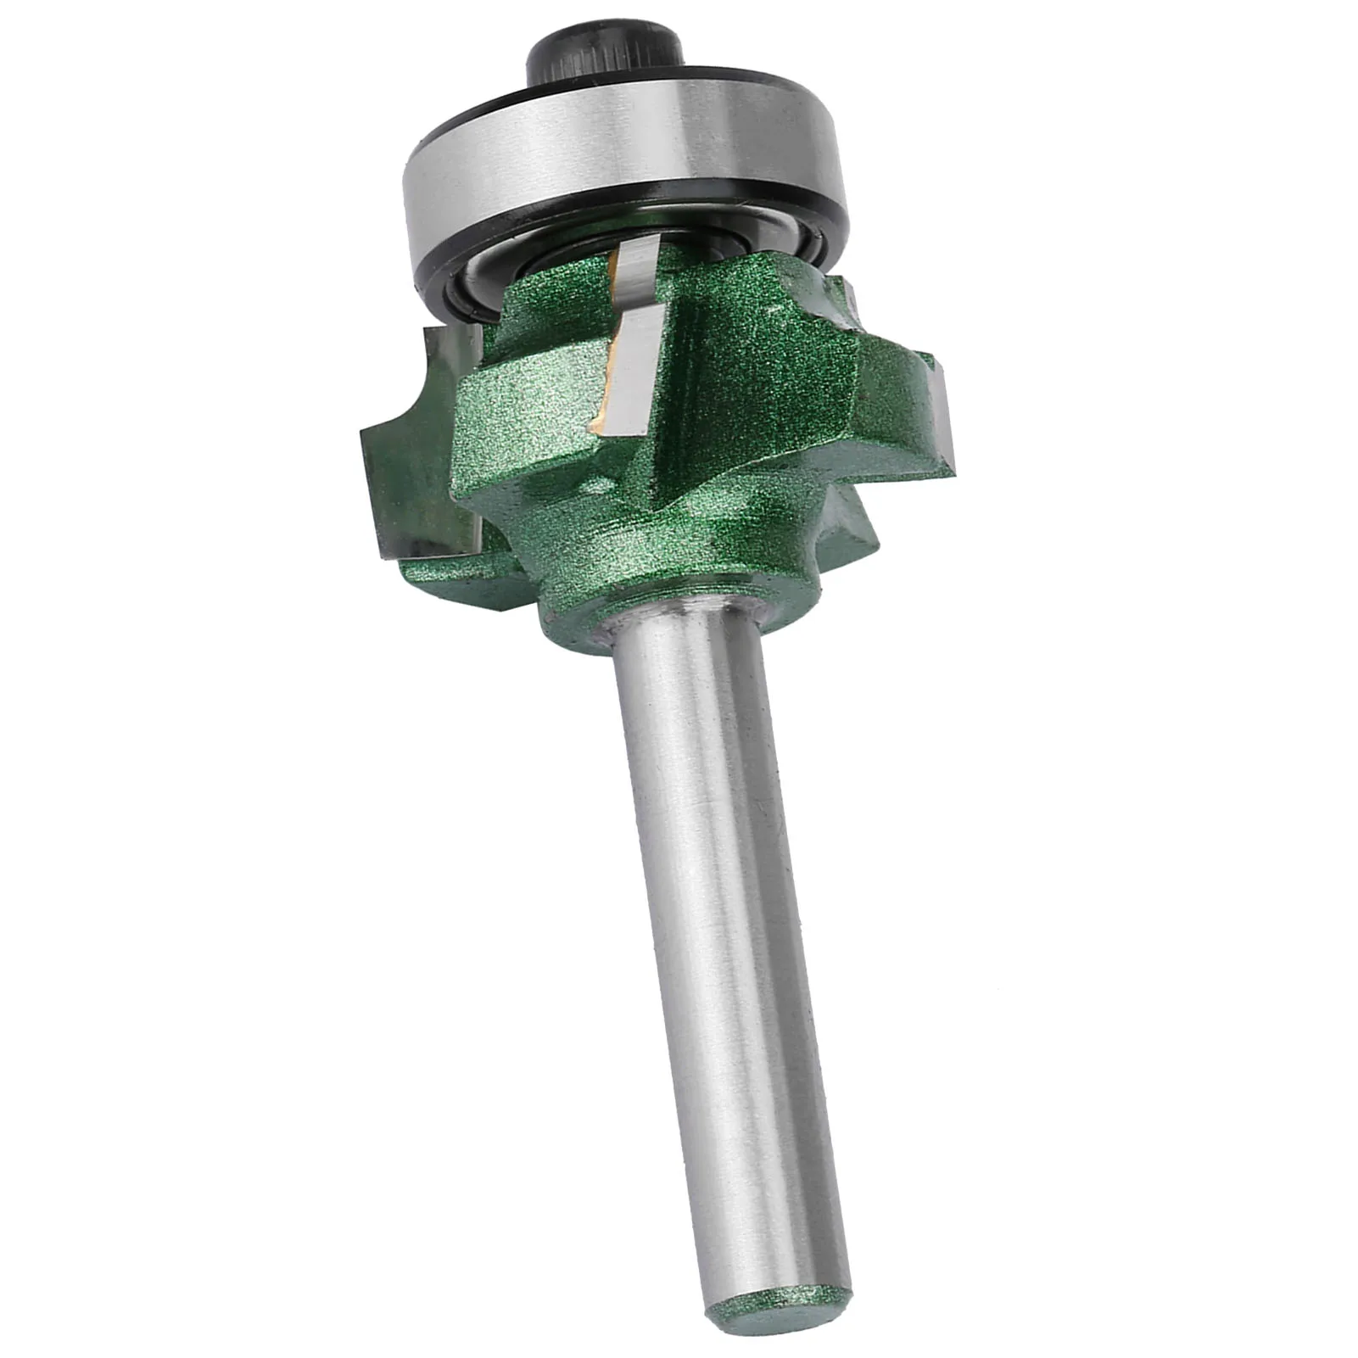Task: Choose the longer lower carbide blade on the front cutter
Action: pos(632,373)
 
